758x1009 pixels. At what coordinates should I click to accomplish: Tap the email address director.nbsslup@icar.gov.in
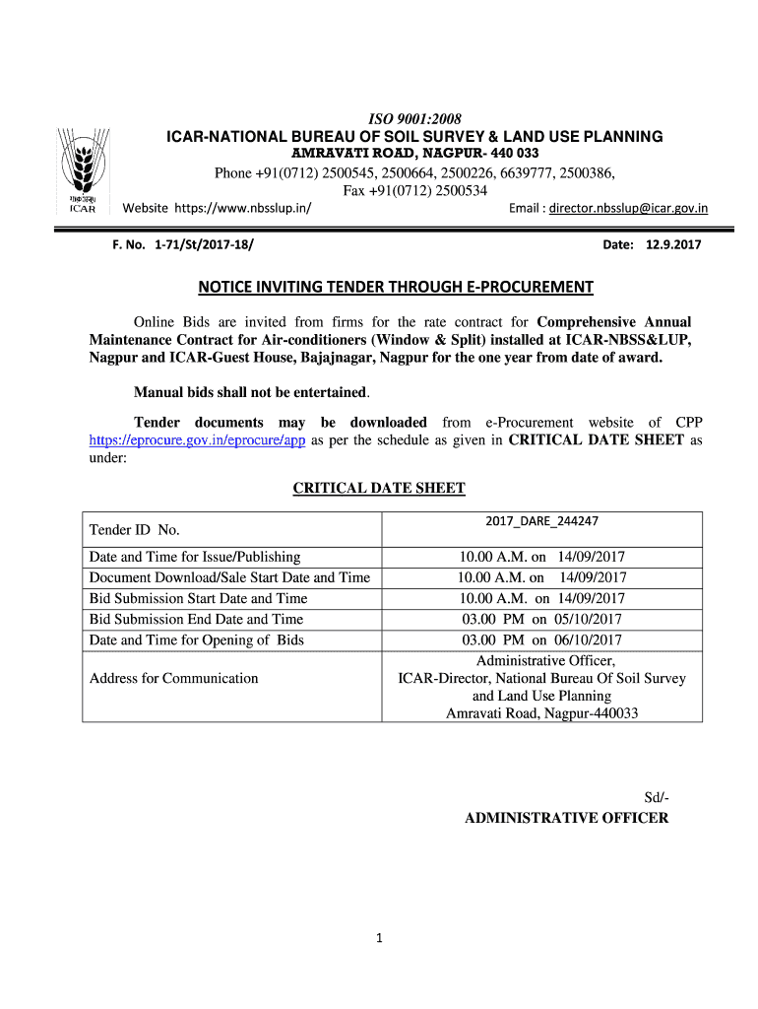tap(628, 208)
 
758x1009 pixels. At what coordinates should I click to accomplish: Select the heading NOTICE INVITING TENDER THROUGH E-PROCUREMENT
tap(397, 287)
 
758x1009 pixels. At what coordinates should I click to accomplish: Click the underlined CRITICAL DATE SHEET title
tap(379, 488)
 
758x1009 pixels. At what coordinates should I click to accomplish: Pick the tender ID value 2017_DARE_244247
tap(541, 520)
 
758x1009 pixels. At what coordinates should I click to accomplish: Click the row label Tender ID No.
tap(134, 530)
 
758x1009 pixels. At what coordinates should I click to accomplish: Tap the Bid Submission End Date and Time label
tap(196, 619)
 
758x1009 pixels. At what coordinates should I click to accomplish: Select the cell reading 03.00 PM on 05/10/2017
tap(541, 619)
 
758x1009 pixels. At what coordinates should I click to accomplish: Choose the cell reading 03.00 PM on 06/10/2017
tap(541, 639)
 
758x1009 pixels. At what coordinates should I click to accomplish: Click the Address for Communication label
tap(174, 678)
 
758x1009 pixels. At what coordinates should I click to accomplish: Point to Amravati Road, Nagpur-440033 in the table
tap(541, 712)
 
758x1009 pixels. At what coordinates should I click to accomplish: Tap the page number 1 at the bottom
tap(378, 938)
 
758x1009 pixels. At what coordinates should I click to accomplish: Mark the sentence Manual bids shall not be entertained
tap(251, 392)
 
